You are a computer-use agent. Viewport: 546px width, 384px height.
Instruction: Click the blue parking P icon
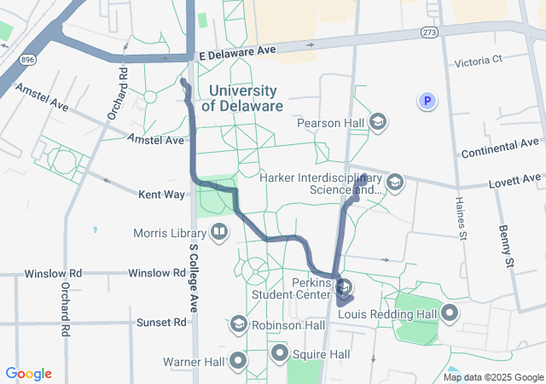click(x=427, y=102)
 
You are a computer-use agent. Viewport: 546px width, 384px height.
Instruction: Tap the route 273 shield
click(x=429, y=32)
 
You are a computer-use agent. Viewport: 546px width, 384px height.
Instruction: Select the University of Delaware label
click(x=242, y=98)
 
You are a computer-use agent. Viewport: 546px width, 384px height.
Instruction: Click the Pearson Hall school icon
click(x=378, y=123)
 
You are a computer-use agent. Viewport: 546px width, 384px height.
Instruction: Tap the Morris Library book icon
click(x=219, y=232)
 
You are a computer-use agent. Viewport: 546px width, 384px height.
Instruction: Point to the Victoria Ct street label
click(x=480, y=61)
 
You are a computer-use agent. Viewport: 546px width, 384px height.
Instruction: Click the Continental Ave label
click(x=500, y=148)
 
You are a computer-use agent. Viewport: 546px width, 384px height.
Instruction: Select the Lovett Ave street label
click(x=514, y=180)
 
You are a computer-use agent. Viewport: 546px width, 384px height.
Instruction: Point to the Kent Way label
click(x=162, y=195)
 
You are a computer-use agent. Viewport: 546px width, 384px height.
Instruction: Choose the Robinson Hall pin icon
click(x=238, y=325)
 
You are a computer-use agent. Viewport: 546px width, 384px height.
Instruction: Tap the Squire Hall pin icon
click(x=279, y=353)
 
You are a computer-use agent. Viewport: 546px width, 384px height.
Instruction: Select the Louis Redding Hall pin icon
click(x=450, y=313)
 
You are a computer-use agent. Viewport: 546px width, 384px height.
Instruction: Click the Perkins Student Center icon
click(x=344, y=286)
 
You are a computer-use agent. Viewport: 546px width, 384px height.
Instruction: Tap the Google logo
click(x=28, y=374)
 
